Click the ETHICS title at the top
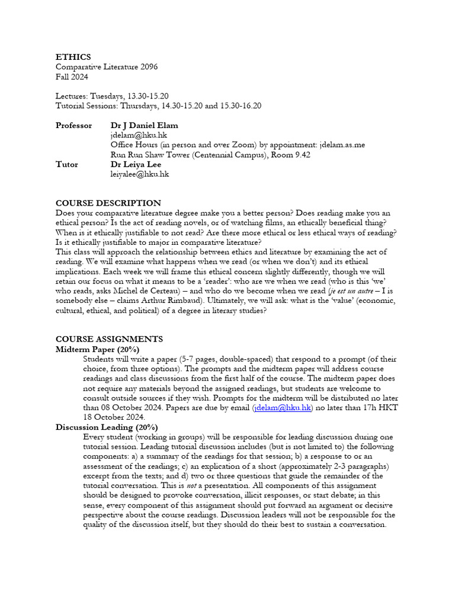click(x=73, y=57)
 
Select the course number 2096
click(x=148, y=67)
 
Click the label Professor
click(x=73, y=126)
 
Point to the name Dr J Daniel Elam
click(x=144, y=126)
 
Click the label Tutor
click(x=66, y=164)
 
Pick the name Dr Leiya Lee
click(x=136, y=164)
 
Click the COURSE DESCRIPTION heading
click(x=108, y=203)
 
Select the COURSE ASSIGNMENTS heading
click(x=109, y=339)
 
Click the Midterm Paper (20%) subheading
click(x=97, y=349)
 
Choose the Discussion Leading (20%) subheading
click(x=106, y=427)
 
